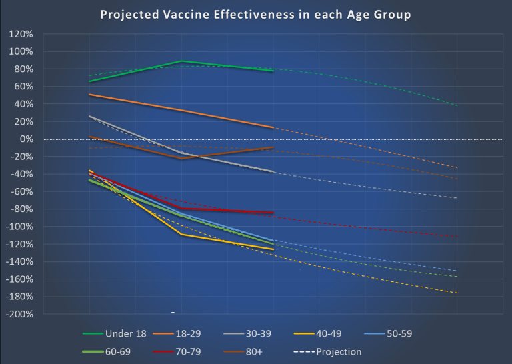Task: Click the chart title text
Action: click(x=255, y=15)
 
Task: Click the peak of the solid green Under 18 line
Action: click(x=181, y=61)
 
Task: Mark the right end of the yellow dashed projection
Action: click(x=457, y=293)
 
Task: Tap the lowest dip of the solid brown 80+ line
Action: click(x=181, y=158)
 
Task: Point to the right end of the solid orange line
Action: click(x=273, y=127)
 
